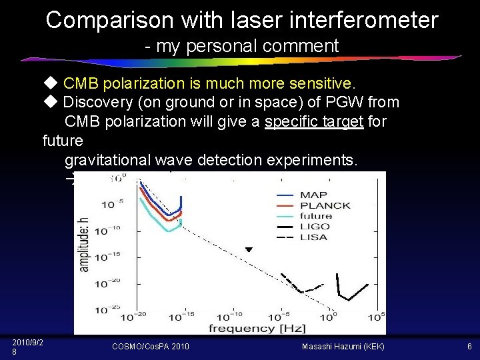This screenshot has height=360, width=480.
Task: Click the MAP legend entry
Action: point(313,195)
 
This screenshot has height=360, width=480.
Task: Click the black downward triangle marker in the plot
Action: point(249,249)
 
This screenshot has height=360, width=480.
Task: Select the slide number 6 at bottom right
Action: point(469,346)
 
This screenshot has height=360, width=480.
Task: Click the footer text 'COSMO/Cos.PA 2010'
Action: point(151,346)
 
